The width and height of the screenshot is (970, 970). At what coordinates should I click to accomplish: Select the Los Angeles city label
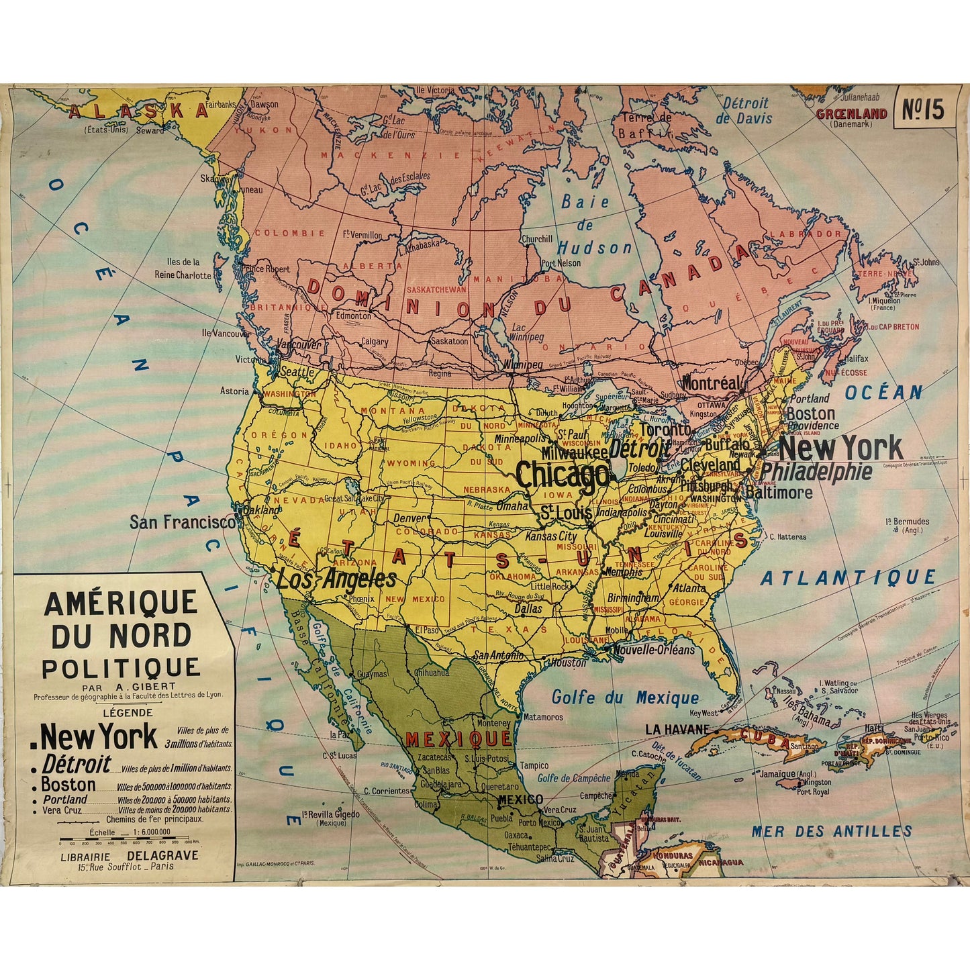(x=336, y=579)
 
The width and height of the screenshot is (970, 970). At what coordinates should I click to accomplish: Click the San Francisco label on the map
(x=183, y=522)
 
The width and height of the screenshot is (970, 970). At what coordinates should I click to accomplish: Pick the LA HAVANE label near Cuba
(x=677, y=729)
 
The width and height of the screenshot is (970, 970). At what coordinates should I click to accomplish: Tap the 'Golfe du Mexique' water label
(x=625, y=698)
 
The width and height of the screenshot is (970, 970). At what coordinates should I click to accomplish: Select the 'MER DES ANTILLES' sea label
(x=831, y=831)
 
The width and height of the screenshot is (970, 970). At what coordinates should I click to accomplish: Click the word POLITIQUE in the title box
(x=121, y=668)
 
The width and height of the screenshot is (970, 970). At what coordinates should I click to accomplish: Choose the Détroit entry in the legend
(x=77, y=765)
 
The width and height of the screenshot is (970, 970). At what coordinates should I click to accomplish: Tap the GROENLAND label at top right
(x=851, y=114)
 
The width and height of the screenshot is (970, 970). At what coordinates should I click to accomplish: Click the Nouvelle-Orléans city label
(x=654, y=650)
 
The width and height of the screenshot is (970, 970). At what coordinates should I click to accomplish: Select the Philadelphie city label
(x=816, y=472)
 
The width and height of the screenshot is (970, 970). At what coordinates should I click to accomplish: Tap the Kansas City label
(x=550, y=536)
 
